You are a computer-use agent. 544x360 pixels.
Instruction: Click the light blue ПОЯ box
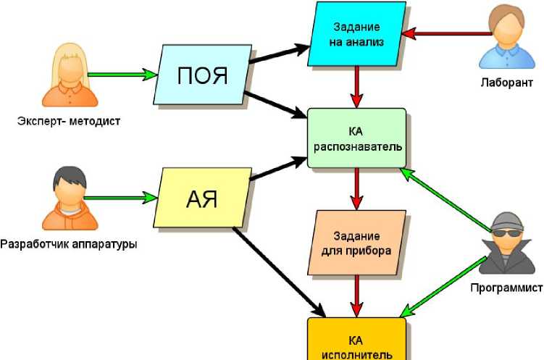pyautogui.click(x=204, y=75)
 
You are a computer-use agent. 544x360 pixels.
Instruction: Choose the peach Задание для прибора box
pyautogui.click(x=356, y=243)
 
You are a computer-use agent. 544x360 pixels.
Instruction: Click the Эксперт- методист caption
pyautogui.click(x=69, y=120)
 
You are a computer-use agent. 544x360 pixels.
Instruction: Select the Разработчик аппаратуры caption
pyautogui.click(x=69, y=243)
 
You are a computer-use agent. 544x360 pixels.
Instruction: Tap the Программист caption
pyautogui.click(x=504, y=287)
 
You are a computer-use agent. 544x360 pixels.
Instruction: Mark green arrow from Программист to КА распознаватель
pyautogui.click(x=446, y=201)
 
